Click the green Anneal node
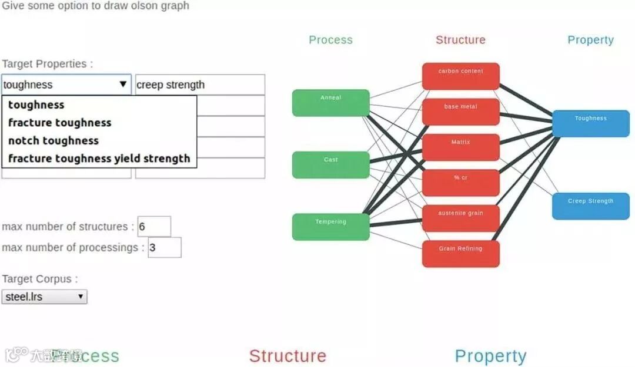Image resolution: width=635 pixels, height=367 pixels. pyautogui.click(x=330, y=103)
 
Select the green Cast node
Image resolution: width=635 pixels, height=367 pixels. pyautogui.click(x=330, y=165)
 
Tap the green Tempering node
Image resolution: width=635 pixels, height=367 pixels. pyautogui.click(x=330, y=227)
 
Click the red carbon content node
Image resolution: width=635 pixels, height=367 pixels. pyautogui.click(x=460, y=76)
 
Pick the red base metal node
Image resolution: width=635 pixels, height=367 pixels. pyautogui.click(x=460, y=112)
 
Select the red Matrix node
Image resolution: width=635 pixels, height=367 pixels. pyautogui.click(x=460, y=147)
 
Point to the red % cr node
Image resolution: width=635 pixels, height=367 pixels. pyautogui.click(x=460, y=183)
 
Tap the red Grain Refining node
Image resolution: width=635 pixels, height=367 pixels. pyautogui.click(x=460, y=254)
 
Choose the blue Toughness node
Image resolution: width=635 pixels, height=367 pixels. pyautogui.click(x=590, y=123)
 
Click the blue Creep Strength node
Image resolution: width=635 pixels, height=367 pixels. pyautogui.click(x=590, y=206)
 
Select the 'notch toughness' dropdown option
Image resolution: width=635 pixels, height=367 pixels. pyautogui.click(x=54, y=141)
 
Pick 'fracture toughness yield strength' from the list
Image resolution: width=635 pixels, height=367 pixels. pyautogui.click(x=99, y=159)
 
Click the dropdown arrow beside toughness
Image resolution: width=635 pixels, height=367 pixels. pyautogui.click(x=123, y=85)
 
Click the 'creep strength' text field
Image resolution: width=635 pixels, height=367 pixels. pyautogui.click(x=200, y=85)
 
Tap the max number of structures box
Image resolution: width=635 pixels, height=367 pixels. pyautogui.click(x=154, y=227)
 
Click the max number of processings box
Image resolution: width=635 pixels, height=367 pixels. pyautogui.click(x=165, y=248)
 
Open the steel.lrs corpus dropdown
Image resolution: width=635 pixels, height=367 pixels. pyautogui.click(x=45, y=297)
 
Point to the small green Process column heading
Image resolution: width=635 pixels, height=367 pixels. pyautogui.click(x=330, y=40)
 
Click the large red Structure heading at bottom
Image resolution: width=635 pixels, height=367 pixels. pyautogui.click(x=288, y=356)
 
